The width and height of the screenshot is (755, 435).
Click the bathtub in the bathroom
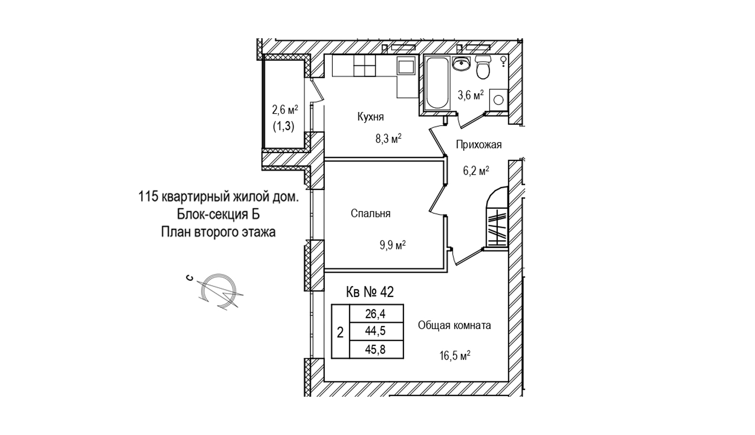point(437,82)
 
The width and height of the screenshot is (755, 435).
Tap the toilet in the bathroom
point(483,68)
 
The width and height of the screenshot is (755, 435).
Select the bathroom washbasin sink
point(462,64)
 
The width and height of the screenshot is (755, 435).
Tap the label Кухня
point(371,117)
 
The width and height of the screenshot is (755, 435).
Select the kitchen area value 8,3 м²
point(388,139)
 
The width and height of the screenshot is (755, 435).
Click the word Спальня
point(371,213)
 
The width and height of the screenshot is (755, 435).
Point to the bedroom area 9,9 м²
point(393,246)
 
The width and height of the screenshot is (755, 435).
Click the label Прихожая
point(479,145)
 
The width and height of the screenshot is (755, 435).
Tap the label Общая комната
point(455,325)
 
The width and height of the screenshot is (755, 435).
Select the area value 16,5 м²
point(455,356)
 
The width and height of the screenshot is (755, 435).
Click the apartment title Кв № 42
point(370,292)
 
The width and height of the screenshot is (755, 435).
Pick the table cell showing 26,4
point(376,314)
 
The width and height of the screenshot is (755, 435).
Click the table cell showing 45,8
point(376,349)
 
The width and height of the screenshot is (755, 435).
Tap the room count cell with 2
point(340,332)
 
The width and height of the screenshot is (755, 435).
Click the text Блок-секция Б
point(218,214)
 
